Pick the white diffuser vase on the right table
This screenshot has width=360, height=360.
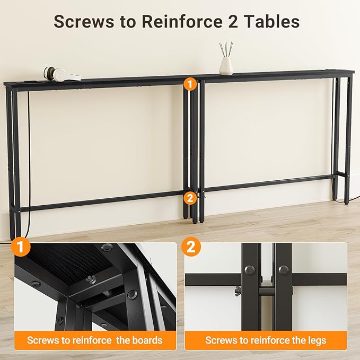point(227,66)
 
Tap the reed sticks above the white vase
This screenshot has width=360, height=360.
point(226,49)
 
